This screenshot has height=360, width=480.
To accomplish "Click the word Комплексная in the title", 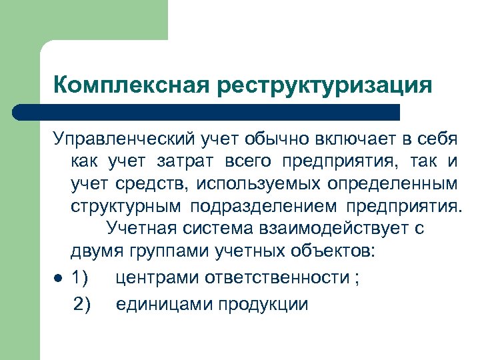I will (x=131, y=85).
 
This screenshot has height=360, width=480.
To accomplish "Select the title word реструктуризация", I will (x=323, y=85).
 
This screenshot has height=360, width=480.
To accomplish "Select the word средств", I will (x=143, y=182).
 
